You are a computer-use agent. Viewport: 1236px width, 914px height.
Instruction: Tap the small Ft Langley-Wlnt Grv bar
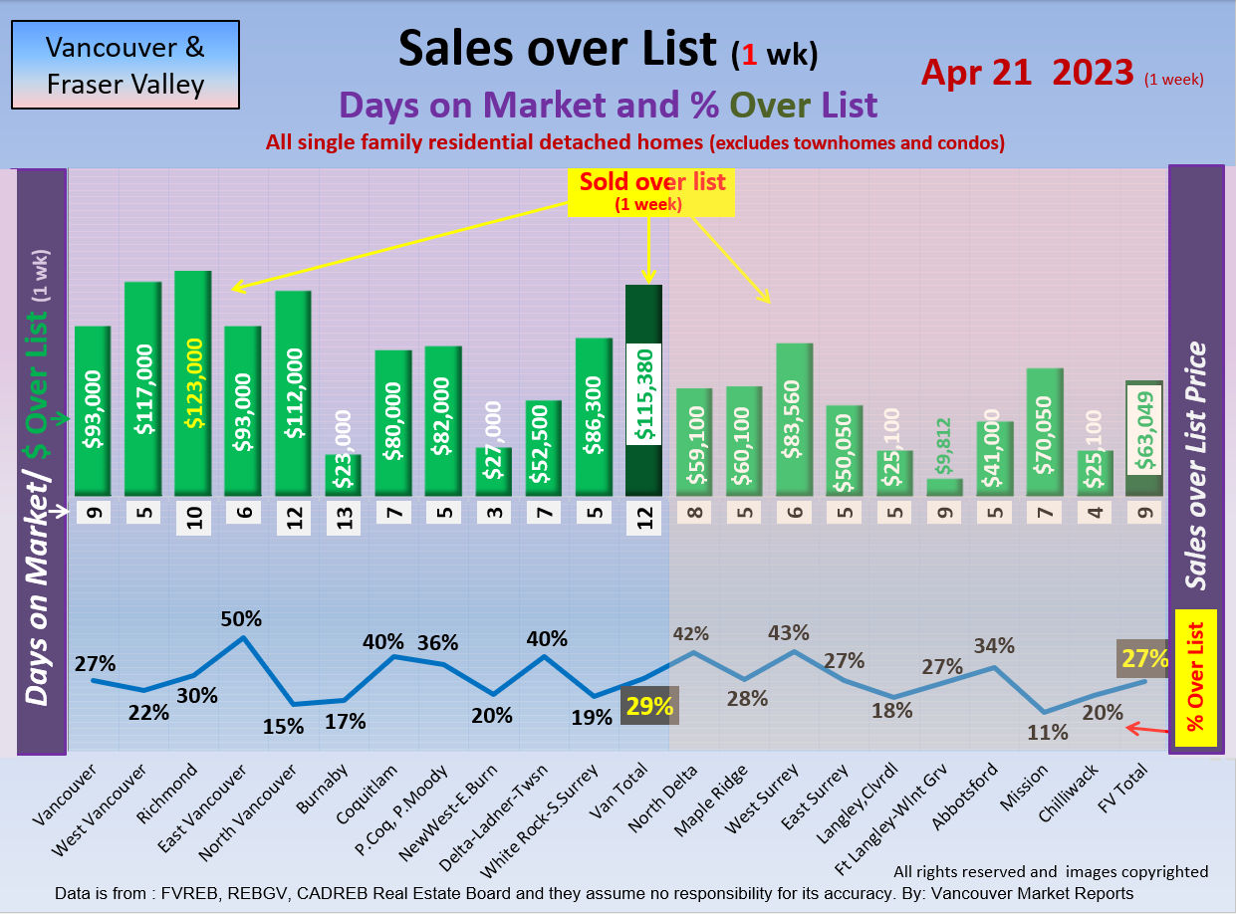click(x=944, y=487)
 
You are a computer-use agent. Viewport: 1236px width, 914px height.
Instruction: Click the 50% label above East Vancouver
click(x=242, y=618)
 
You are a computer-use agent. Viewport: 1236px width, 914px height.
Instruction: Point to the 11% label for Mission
click(x=1048, y=733)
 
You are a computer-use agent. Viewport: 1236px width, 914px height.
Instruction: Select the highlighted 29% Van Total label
click(x=649, y=706)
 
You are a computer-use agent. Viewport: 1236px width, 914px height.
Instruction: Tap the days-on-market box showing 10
click(x=193, y=518)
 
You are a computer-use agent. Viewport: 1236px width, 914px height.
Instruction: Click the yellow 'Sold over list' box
click(x=651, y=191)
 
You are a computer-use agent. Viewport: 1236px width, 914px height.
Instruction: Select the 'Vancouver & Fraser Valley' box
click(x=125, y=65)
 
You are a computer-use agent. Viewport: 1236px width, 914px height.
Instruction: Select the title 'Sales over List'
click(x=557, y=48)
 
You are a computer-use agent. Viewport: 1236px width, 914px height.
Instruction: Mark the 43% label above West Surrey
click(x=789, y=633)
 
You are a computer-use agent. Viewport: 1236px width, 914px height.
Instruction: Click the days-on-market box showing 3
click(x=493, y=514)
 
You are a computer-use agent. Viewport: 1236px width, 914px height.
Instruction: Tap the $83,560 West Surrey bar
click(x=794, y=419)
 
